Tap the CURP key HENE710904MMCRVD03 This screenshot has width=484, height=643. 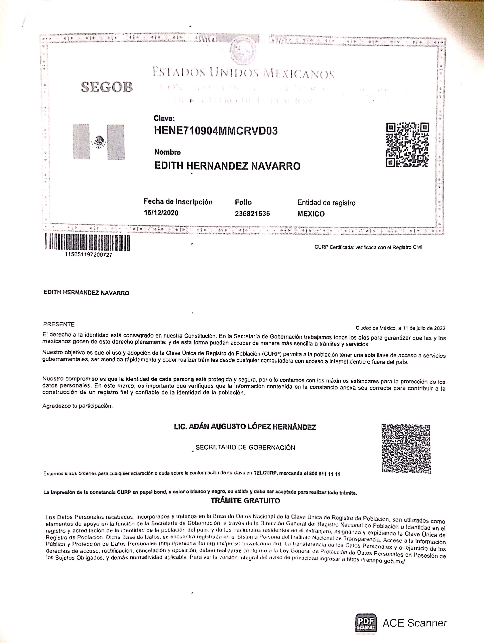(216, 131)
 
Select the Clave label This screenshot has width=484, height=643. (164, 118)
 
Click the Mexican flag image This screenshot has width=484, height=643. (99, 142)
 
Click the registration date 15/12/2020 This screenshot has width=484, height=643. (161, 213)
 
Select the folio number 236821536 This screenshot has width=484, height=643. (252, 214)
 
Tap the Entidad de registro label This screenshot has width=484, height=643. (326, 203)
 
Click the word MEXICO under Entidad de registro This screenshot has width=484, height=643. (311, 214)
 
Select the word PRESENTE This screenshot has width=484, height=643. (59, 324)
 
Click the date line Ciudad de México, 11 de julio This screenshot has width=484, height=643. (400, 328)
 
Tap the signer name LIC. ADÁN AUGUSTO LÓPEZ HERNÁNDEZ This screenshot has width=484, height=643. (245, 427)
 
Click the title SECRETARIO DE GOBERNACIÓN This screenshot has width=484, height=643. (245, 447)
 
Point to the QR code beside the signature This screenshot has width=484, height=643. (406, 448)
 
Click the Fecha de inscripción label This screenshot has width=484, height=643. (178, 202)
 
